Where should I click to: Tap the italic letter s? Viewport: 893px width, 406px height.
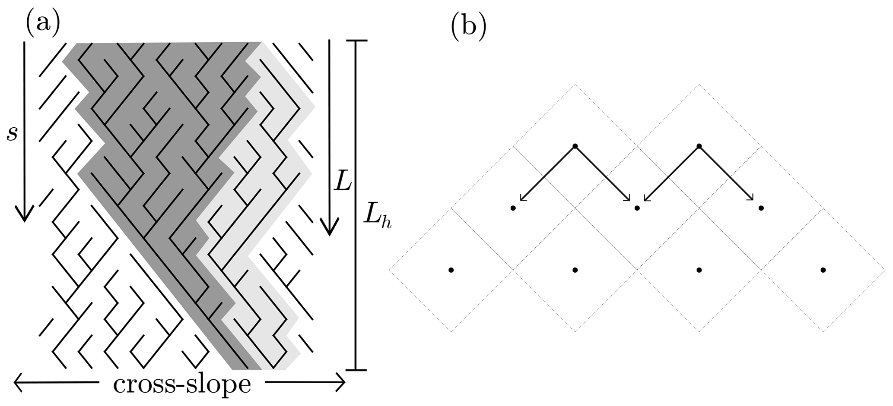tap(12, 134)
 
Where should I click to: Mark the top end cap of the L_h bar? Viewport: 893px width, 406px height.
tap(356, 41)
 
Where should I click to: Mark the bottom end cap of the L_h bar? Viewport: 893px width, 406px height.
tap(356, 370)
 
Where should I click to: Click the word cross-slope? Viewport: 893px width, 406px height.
tap(182, 384)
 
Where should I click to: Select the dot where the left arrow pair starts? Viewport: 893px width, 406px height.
tap(575, 146)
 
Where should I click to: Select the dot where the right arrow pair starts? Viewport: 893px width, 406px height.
tap(699, 146)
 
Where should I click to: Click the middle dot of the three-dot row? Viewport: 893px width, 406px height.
tap(637, 208)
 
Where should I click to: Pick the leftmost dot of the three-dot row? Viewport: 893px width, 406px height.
tap(513, 208)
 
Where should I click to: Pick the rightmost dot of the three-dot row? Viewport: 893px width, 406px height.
tap(761, 208)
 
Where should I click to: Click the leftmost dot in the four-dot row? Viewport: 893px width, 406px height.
tap(451, 270)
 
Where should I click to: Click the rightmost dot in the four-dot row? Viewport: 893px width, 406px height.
tap(823, 270)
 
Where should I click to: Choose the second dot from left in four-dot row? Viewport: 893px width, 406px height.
tap(575, 270)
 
